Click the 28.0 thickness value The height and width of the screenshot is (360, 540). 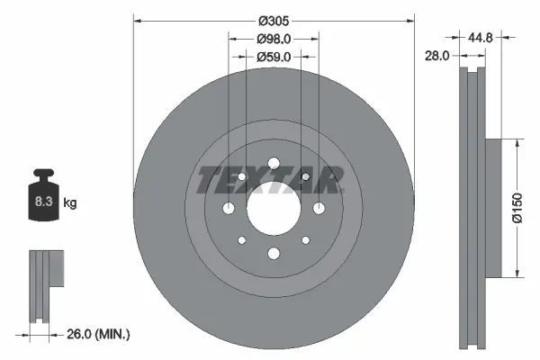pyautogui.click(x=437, y=56)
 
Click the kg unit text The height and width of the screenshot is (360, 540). pyautogui.click(x=70, y=203)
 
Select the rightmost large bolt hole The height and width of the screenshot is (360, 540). pyautogui.click(x=318, y=209)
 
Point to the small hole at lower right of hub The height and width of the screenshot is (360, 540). pyautogui.click(x=305, y=240)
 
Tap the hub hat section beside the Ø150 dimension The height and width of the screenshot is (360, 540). pyautogui.click(x=491, y=208)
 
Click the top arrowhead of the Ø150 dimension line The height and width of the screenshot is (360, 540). pyautogui.click(x=517, y=142)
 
